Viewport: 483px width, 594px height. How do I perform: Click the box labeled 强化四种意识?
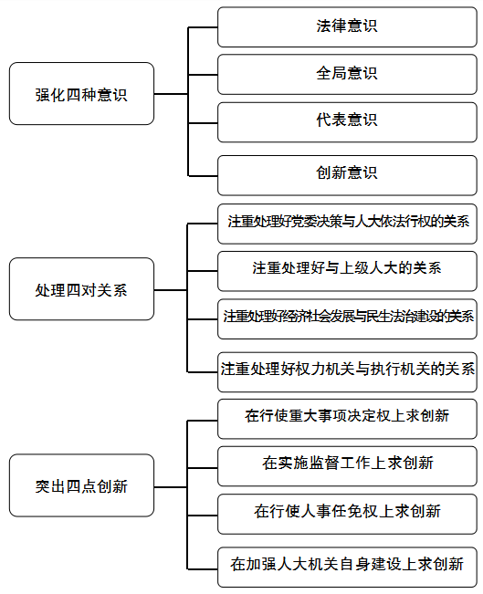click(x=81, y=94)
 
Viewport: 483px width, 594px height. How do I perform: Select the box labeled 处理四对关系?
click(x=81, y=289)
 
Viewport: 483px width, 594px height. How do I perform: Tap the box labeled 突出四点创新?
click(x=81, y=485)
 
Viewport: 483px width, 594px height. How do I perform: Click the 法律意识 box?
click(x=347, y=26)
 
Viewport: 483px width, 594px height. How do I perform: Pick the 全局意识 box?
click(x=347, y=74)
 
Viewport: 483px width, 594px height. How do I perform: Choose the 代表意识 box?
click(x=347, y=122)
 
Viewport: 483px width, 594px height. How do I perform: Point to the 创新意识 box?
click(x=347, y=175)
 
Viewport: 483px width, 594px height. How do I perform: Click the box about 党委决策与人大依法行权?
click(x=347, y=224)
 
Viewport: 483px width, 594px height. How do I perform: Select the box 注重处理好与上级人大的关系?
click(x=347, y=271)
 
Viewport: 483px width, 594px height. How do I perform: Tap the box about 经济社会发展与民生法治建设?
click(x=347, y=318)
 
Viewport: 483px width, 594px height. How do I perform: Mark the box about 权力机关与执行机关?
click(x=347, y=371)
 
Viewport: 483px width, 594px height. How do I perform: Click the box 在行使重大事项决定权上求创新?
click(x=347, y=419)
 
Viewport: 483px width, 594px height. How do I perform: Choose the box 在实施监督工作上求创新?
click(x=347, y=466)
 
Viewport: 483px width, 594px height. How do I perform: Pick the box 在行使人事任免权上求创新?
click(x=347, y=514)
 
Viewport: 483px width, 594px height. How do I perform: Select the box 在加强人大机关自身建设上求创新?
click(x=347, y=567)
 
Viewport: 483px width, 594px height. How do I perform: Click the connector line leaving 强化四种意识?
click(x=171, y=94)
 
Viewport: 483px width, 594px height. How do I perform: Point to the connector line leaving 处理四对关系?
click(x=171, y=290)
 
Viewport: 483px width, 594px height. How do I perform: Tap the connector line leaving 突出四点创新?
click(x=171, y=487)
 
